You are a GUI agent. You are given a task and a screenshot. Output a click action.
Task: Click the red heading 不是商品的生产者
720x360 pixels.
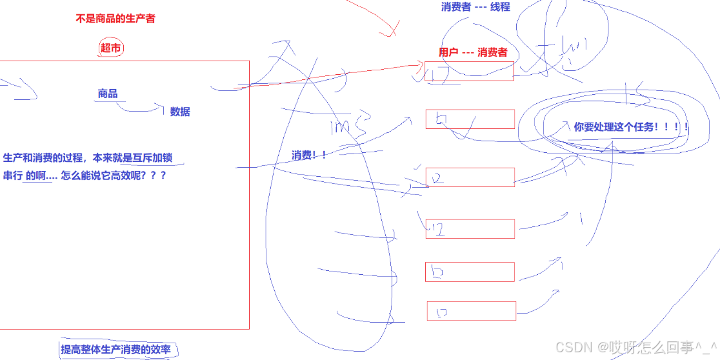click(115, 19)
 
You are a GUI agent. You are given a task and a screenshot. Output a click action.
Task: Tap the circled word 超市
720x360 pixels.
click(111, 48)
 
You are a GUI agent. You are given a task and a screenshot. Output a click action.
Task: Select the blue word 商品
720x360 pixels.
click(108, 94)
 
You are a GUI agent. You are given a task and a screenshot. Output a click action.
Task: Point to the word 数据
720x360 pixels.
click(180, 112)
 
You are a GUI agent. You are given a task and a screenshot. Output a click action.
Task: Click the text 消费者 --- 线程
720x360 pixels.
click(475, 6)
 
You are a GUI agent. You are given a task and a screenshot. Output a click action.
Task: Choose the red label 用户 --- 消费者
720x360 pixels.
click(473, 52)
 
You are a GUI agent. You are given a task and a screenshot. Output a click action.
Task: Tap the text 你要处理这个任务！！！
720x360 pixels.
click(631, 127)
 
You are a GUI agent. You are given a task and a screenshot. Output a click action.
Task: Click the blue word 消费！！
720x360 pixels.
click(308, 155)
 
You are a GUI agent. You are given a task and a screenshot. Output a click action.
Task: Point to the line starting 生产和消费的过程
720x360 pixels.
click(88, 158)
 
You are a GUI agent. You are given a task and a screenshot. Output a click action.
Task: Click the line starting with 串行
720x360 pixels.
click(85, 175)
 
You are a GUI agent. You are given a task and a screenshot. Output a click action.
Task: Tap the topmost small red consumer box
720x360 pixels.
click(469, 71)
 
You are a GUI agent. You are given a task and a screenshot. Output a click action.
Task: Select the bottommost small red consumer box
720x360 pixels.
click(471, 311)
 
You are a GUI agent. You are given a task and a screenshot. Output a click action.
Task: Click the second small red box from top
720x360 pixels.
click(470, 119)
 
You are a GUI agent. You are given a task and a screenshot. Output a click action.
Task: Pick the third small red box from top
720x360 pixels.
click(470, 177)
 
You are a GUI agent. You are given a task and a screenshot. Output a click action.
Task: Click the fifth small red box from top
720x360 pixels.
click(470, 272)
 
